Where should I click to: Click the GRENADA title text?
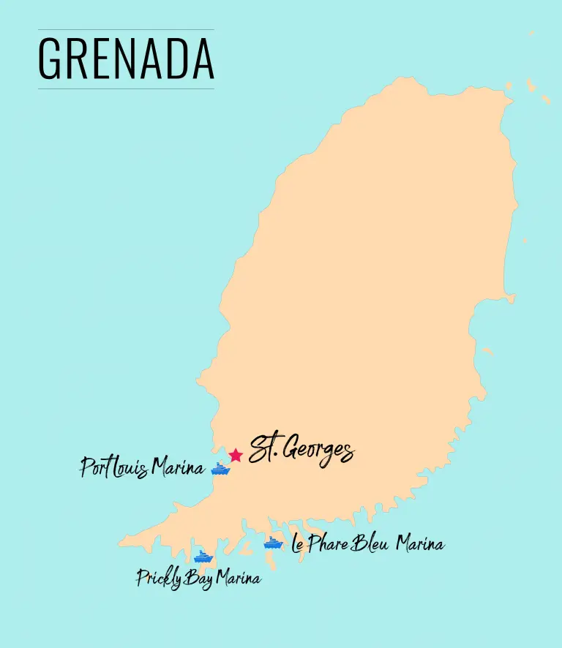pyautogui.click(x=126, y=59)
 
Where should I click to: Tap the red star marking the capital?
pyautogui.click(x=235, y=455)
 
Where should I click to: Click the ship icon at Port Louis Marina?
pyautogui.click(x=220, y=469)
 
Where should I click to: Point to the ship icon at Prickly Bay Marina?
pyautogui.click(x=203, y=557)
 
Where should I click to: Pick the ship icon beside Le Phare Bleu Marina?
pyautogui.click(x=273, y=543)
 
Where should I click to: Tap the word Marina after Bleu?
pyautogui.click(x=420, y=544)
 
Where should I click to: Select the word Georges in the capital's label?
pyautogui.click(x=316, y=451)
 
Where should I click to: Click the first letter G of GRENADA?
pyautogui.click(x=48, y=59)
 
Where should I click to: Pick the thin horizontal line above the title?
pyautogui.click(x=126, y=30)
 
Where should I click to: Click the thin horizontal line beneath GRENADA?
pyautogui.click(x=126, y=88)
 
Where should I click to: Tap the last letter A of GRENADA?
pyautogui.click(x=203, y=59)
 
